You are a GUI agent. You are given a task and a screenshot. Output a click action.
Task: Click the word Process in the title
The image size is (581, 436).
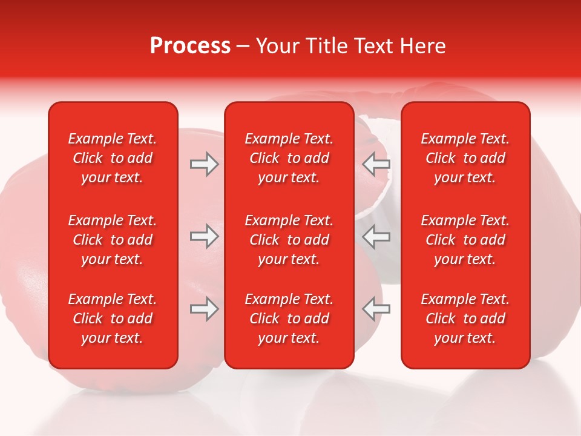[x=190, y=46]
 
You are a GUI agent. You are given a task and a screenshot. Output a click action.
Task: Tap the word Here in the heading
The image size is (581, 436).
[x=422, y=46]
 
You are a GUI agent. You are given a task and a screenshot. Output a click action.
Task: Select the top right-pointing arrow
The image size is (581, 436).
[x=205, y=164]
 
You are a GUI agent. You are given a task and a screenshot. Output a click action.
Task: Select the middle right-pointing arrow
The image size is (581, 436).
[x=205, y=236]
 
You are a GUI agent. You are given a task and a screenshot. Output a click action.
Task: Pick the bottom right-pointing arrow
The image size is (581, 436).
[x=205, y=309]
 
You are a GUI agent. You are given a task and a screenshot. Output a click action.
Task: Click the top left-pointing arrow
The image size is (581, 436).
[x=376, y=164]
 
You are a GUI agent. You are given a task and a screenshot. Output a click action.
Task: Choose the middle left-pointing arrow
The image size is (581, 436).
[x=376, y=236]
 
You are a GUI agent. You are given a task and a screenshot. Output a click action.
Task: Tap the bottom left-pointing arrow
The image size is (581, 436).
[x=376, y=309]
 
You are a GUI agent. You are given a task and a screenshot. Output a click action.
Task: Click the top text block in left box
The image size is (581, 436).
[x=113, y=158]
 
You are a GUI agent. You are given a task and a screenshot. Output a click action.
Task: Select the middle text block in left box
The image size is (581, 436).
[x=113, y=240]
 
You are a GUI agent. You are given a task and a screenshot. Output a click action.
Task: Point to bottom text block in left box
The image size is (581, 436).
[x=113, y=319]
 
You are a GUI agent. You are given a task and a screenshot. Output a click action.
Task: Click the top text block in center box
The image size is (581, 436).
[x=289, y=158]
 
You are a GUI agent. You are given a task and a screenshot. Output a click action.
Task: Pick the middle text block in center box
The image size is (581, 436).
[x=289, y=240]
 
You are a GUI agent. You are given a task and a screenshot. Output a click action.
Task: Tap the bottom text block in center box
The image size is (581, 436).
[x=289, y=319]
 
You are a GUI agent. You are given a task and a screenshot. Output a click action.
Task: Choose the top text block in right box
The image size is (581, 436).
[x=465, y=158]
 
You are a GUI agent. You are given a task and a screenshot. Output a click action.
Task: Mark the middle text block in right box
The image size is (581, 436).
[x=465, y=240]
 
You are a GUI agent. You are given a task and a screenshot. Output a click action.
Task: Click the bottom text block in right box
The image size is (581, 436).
[x=465, y=319]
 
